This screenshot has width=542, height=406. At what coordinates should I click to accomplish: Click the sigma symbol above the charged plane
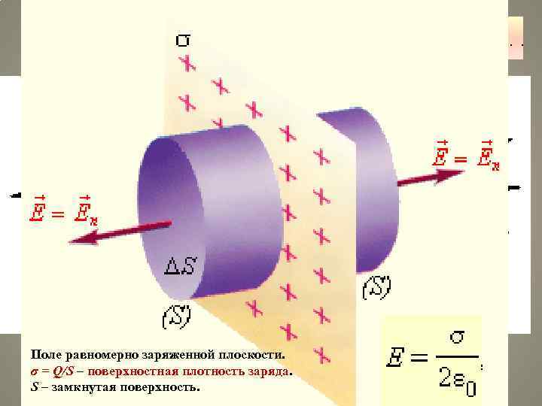click(183, 38)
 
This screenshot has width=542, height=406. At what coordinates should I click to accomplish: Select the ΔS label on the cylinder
click(181, 265)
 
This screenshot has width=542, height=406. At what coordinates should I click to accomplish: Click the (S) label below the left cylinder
click(177, 317)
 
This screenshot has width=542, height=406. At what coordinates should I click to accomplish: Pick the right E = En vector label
click(467, 157)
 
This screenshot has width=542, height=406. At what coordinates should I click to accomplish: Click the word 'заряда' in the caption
click(268, 371)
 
